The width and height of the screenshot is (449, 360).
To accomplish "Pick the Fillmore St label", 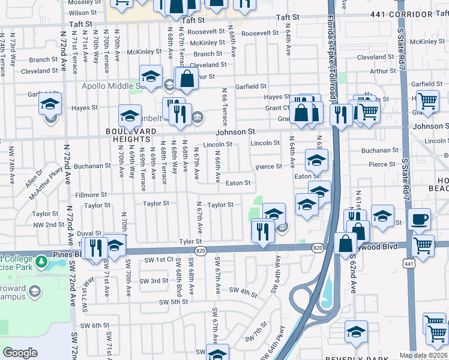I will point(91,195).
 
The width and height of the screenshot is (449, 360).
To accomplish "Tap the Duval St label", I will point(89,233).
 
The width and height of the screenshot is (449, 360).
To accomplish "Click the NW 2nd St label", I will point(49,225).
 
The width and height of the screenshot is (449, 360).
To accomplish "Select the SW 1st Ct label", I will point(158,259).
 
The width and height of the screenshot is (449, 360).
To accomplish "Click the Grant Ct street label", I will point(279,109).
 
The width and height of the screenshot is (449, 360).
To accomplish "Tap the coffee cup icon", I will point(419,218).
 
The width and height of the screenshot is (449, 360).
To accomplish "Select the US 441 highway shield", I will point(409,264).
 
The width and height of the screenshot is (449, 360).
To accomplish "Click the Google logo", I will point(20,352).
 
